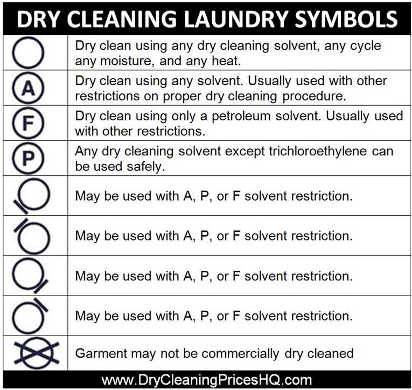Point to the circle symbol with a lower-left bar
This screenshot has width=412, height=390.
[20, 207]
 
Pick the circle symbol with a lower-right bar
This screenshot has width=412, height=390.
[40, 286]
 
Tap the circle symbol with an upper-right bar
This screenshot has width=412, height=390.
[41, 305]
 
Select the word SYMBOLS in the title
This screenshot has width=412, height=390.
[346, 19]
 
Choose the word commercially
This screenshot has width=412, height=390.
[240, 353]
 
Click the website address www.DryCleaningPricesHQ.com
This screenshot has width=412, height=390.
[206, 380]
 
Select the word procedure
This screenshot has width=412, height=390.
[315, 97]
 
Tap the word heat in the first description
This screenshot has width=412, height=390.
[226, 61]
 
